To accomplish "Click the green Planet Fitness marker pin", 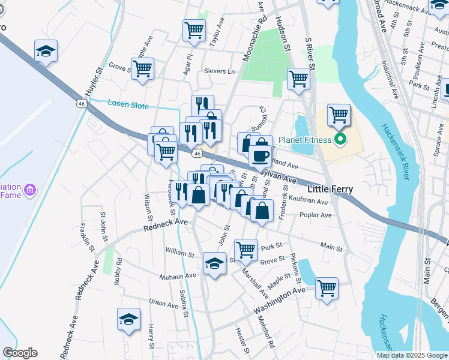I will click(x=340, y=140).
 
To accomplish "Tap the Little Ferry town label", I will click(x=330, y=189).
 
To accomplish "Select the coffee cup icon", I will click(x=260, y=156).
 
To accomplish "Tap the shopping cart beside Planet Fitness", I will click(x=339, y=114).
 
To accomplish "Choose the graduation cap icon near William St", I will click(x=214, y=263).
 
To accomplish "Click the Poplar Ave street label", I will click(x=318, y=215).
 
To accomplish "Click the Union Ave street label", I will click(x=163, y=304).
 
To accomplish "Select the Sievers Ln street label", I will click(x=221, y=71).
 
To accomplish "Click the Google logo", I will click(x=20, y=353).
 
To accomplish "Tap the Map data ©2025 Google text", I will click(x=411, y=355).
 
